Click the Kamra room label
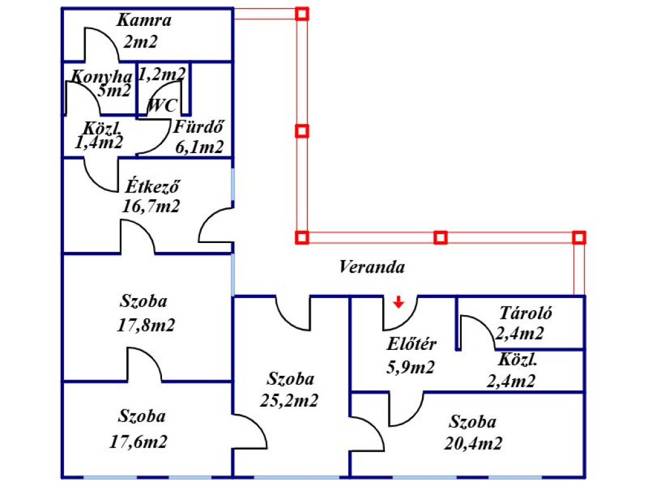[144, 20]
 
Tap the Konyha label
[101, 77]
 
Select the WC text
[162, 106]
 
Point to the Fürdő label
[200, 126]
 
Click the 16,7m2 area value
[152, 206]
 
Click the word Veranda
[371, 267]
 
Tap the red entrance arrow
[398, 302]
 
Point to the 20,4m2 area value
[473, 443]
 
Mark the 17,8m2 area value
[146, 325]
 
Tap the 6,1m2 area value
[199, 147]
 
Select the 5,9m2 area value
[410, 367]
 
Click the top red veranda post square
[302, 13]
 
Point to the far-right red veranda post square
[579, 237]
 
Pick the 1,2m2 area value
[162, 75]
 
